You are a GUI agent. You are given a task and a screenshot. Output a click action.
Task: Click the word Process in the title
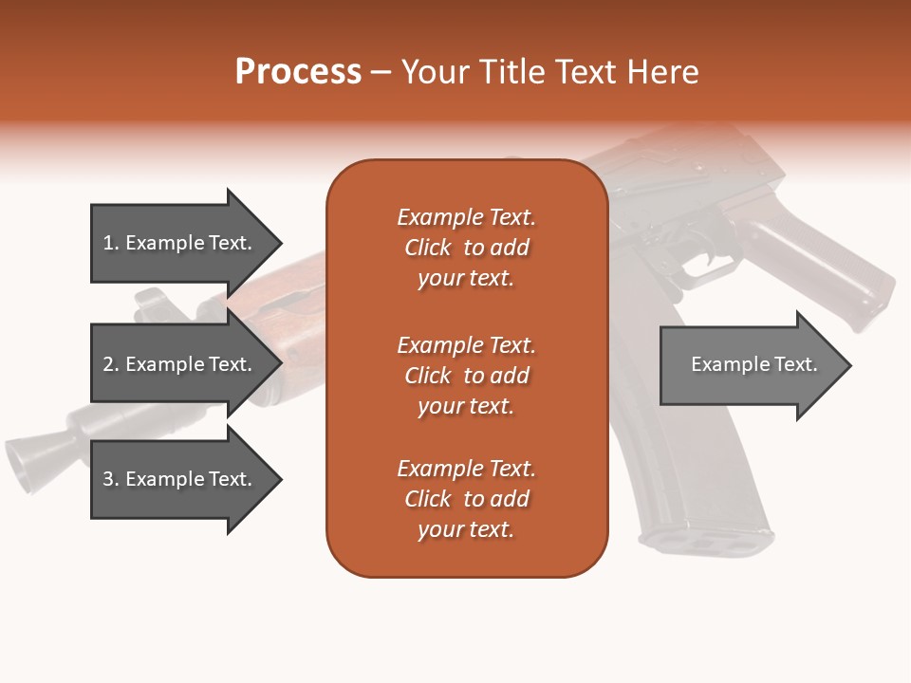[298, 72]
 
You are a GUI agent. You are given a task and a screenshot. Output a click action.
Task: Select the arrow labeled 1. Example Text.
[180, 243]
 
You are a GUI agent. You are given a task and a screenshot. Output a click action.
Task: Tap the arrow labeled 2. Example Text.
[180, 364]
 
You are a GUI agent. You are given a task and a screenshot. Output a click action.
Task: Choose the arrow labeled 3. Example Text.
[180, 479]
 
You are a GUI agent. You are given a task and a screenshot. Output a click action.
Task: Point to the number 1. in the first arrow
[111, 243]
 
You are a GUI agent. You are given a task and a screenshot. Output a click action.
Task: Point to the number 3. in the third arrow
[111, 479]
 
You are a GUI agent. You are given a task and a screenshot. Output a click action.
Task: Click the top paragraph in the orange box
[466, 248]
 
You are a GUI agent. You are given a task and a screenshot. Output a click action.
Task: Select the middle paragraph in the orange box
[466, 376]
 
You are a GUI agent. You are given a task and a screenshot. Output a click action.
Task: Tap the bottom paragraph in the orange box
[466, 499]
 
